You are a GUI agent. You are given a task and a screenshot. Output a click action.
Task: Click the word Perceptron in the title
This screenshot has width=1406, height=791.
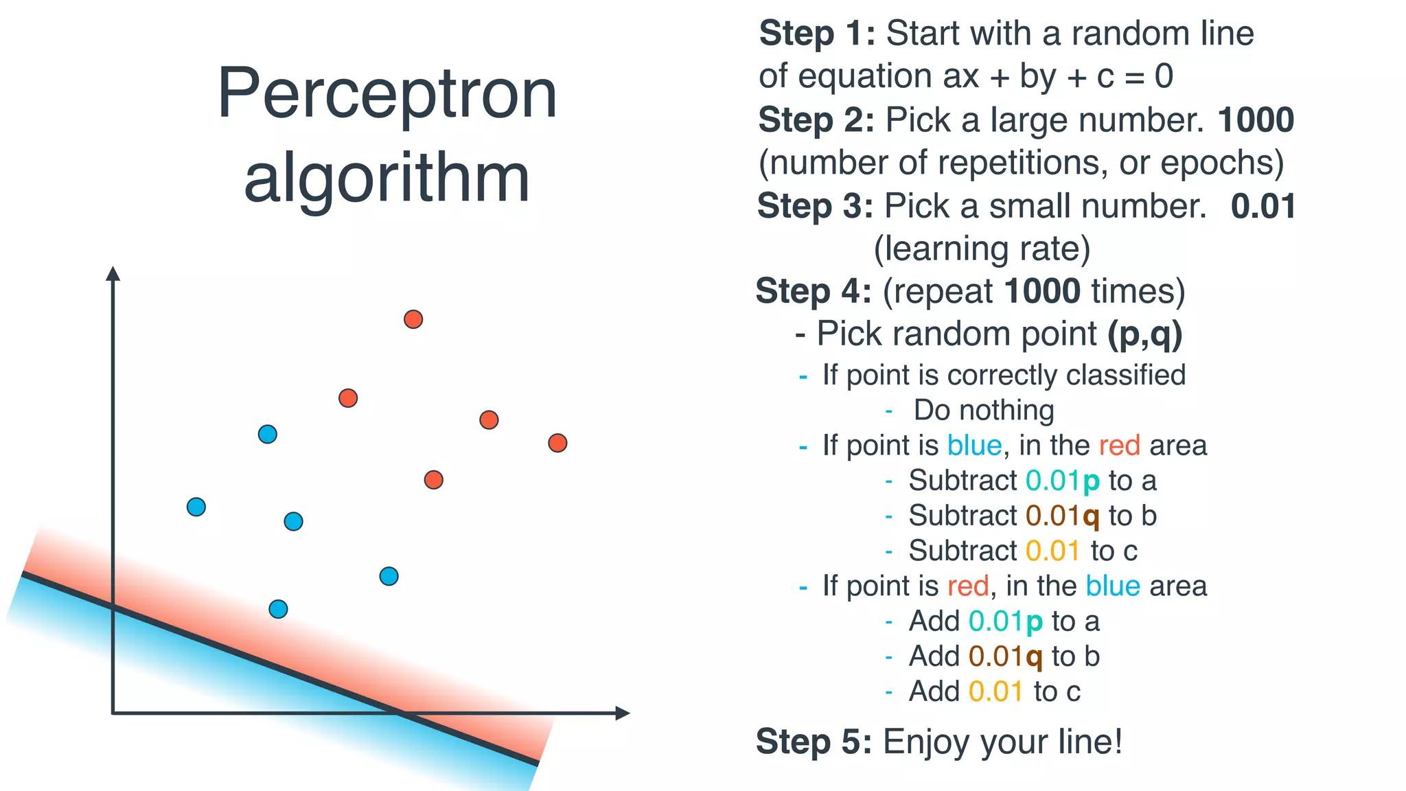tap(387, 94)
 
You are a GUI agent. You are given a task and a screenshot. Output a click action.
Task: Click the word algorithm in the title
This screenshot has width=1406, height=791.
tap(387, 178)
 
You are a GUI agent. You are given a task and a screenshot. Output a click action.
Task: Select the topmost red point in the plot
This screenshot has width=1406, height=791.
tap(413, 319)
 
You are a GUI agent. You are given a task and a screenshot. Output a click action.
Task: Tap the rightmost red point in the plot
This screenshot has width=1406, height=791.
tap(557, 443)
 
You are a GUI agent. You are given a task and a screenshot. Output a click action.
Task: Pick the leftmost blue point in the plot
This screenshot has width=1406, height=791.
tap(196, 507)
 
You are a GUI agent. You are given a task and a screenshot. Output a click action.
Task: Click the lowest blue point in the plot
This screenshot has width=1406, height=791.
tap(278, 609)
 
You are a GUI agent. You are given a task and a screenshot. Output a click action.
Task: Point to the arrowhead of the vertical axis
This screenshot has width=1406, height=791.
tap(113, 273)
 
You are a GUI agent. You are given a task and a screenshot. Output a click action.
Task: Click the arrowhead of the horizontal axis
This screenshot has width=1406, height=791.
tap(622, 713)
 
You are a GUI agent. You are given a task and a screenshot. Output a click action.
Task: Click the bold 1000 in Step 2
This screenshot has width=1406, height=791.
tap(1255, 120)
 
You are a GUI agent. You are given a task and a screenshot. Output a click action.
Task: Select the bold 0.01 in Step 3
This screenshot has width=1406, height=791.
tap(1263, 206)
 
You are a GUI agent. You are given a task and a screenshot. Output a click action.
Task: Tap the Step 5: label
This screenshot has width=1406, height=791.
tap(814, 742)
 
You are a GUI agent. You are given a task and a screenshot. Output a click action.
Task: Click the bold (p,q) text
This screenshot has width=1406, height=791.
tap(1144, 334)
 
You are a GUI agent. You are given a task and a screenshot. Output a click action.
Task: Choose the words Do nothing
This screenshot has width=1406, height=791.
tap(983, 411)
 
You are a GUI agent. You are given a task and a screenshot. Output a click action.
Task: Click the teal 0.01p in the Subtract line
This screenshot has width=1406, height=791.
tap(1062, 481)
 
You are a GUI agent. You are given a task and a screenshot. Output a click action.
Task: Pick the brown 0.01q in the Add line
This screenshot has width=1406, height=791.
tap(1005, 657)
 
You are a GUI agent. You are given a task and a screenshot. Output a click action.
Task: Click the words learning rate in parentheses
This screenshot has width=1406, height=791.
tap(982, 249)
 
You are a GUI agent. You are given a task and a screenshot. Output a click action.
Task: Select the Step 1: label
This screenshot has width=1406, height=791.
tap(817, 34)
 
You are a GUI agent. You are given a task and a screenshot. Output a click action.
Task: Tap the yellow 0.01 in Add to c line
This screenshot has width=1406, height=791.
tap(995, 691)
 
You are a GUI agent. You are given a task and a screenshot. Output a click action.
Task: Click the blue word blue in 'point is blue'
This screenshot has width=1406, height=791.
tap(974, 446)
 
